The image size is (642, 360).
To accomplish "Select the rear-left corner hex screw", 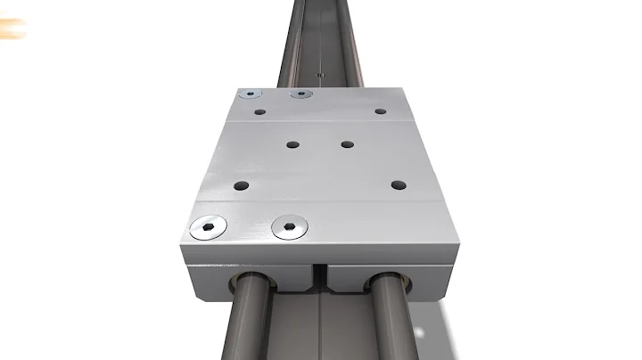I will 251,94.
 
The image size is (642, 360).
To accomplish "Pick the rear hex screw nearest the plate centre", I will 302,94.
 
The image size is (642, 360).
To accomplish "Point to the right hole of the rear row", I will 380,111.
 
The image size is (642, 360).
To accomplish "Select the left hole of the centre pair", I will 292,143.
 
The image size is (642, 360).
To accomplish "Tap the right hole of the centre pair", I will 347,143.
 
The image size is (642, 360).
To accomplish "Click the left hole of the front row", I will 241,185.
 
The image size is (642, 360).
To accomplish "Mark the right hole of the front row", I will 398,184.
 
